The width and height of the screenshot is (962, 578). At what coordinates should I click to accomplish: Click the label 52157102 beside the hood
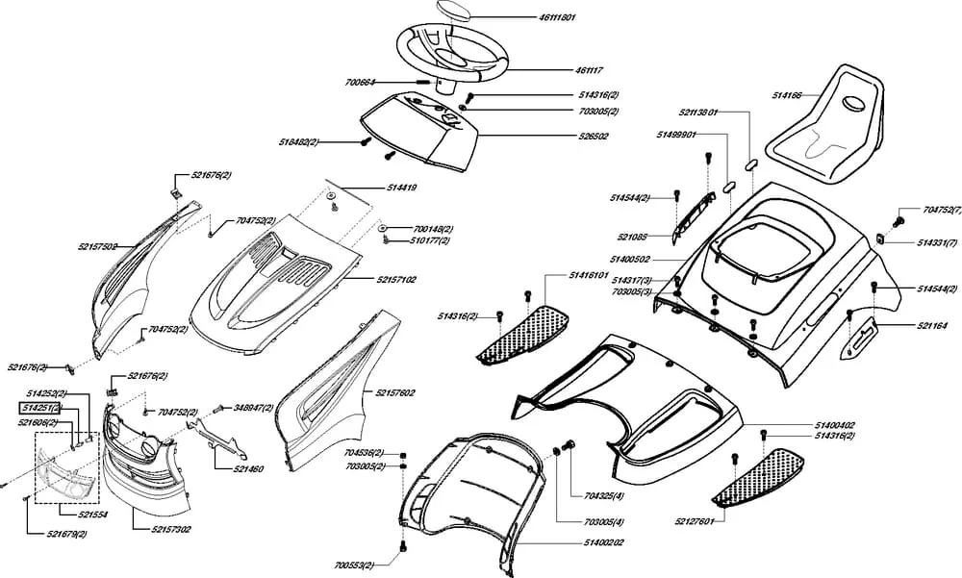396,279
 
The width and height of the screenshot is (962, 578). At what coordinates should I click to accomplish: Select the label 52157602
395,393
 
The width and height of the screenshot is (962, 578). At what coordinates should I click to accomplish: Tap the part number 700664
362,84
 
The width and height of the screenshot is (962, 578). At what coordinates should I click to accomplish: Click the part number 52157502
98,247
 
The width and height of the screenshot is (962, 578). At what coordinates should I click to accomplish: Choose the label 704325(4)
604,496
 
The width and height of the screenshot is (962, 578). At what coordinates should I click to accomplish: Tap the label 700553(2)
356,565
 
